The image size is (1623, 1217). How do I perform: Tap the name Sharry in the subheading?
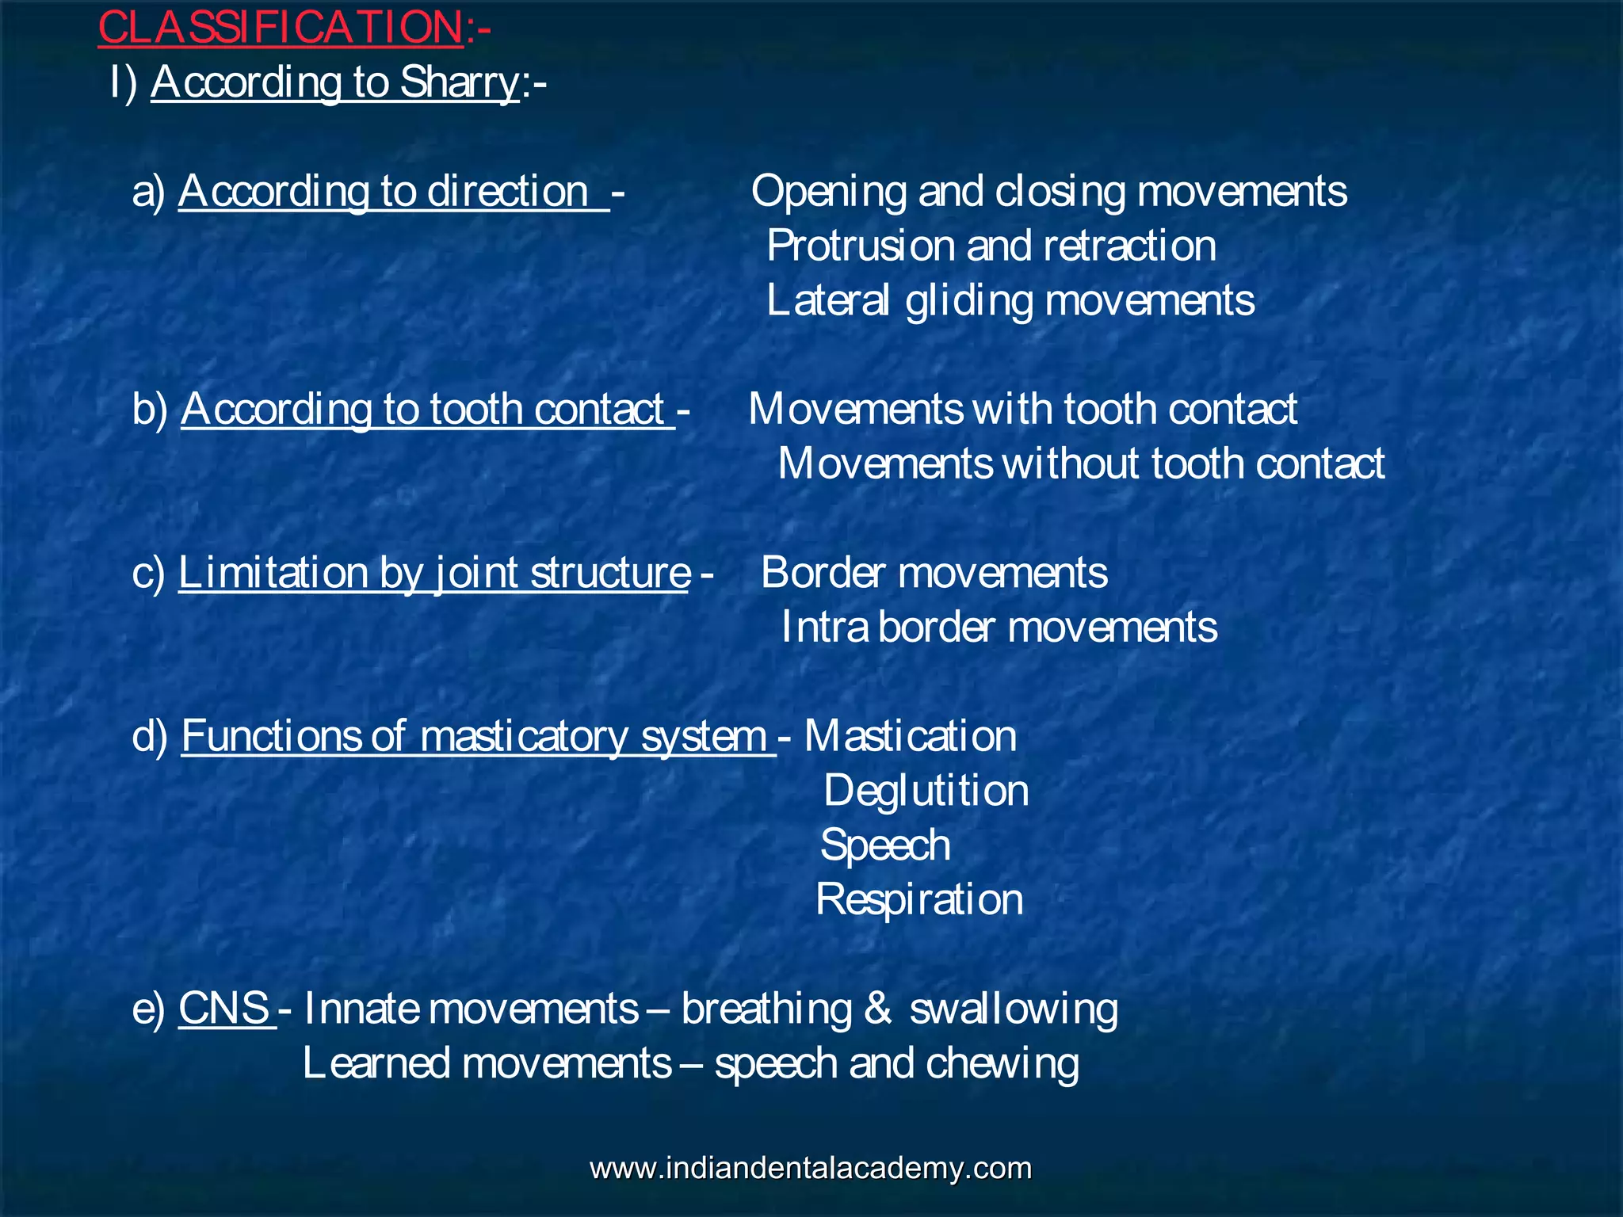(459, 82)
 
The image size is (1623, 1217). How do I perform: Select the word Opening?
(828, 193)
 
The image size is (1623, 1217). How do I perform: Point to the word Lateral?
(827, 301)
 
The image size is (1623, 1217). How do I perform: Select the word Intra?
(824, 628)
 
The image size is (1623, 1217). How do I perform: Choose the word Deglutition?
(926, 792)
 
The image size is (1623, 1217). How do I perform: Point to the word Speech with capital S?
(885, 846)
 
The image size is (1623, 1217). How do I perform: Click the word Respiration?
(919, 900)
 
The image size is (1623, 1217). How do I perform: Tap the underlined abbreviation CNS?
(224, 1009)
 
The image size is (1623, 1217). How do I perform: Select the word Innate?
(361, 1009)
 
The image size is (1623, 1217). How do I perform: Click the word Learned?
(376, 1063)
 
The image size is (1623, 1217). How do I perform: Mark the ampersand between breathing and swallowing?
(878, 1009)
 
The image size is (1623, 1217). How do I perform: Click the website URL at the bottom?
(811, 1169)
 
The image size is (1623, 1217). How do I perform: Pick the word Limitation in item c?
(273, 573)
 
